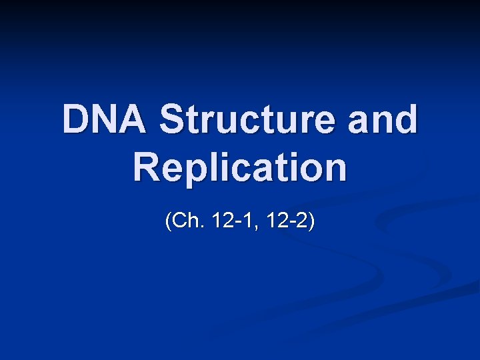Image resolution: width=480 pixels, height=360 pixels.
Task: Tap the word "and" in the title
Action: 387,119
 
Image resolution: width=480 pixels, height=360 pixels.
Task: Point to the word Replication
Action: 240,167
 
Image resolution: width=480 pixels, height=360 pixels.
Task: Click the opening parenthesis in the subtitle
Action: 169,222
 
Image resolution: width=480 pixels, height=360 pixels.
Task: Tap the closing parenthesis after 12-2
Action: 311,222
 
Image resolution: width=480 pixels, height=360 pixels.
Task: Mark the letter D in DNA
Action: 76,119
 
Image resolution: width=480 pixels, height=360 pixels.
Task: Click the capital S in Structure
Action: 174,119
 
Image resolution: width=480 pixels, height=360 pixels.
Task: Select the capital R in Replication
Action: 147,167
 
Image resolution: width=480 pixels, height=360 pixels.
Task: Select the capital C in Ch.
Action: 179,221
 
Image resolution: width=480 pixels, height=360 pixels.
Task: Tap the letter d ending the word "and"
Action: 406,119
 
